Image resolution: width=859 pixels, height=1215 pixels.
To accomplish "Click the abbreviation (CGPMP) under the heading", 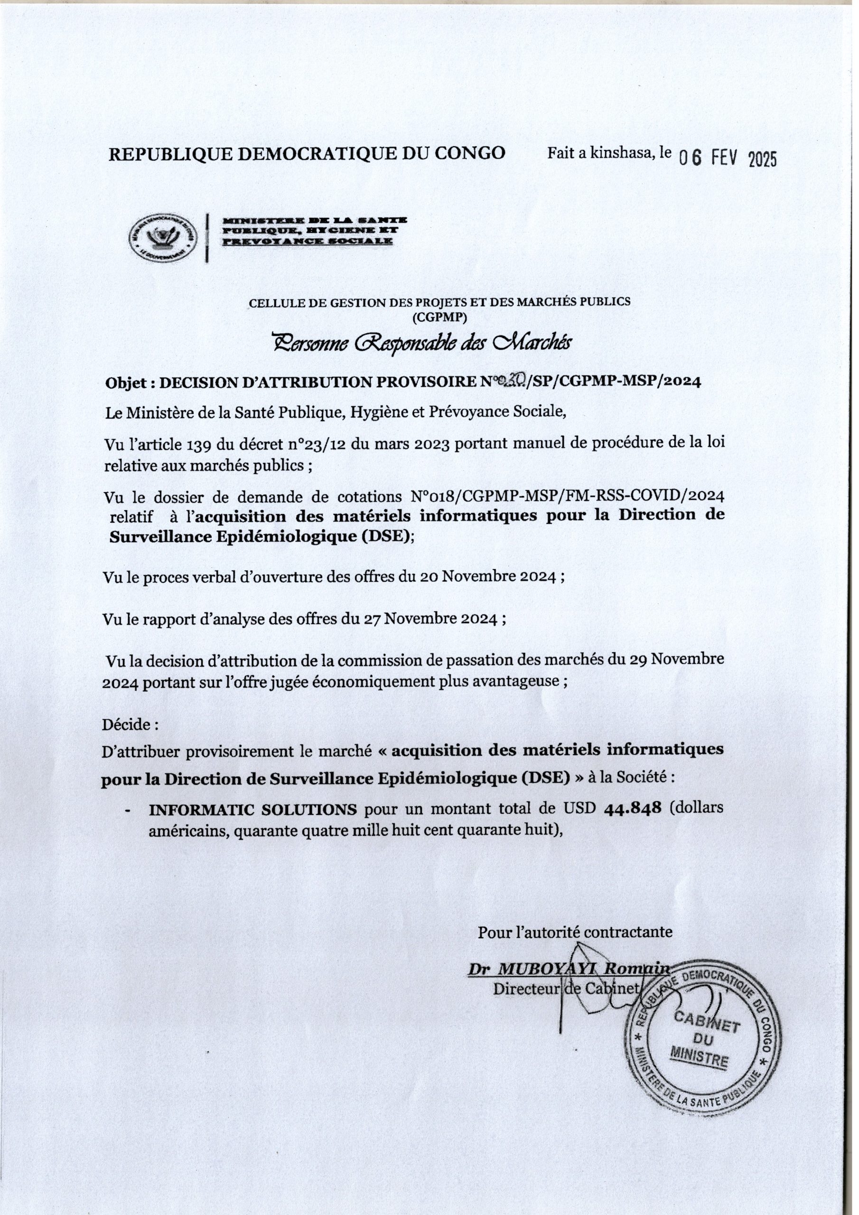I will (x=439, y=317).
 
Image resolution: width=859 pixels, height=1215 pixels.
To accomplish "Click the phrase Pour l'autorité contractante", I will (x=575, y=932).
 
